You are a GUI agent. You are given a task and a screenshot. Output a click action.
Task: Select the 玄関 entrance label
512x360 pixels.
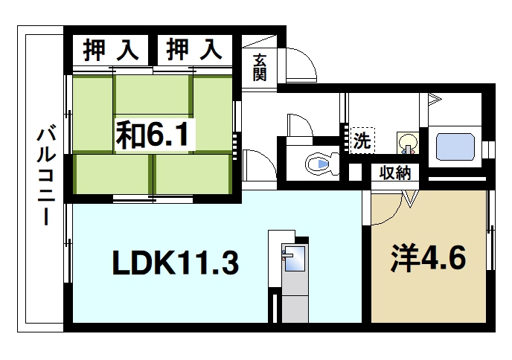click(x=259, y=67)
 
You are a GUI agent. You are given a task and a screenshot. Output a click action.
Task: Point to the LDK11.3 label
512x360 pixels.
click(x=175, y=262)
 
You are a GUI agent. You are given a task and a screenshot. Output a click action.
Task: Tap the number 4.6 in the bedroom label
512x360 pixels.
click(x=444, y=257)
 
